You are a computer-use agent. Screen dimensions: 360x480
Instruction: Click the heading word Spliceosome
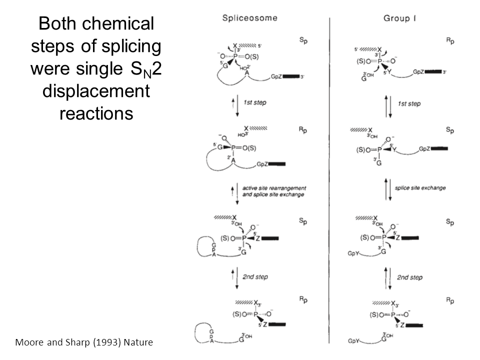249,19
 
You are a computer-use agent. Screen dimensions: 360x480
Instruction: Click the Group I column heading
400,19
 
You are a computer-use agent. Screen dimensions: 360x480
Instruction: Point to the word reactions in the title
96,113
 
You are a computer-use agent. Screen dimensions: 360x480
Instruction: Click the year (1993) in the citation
94,343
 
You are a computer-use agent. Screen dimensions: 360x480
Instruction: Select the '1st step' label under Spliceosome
255,102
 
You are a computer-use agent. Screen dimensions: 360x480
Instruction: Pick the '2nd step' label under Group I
410,277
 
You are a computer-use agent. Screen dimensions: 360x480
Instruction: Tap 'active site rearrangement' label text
273,188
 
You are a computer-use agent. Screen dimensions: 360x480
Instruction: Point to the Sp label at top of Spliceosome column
303,39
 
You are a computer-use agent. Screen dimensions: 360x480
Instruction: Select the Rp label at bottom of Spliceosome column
303,299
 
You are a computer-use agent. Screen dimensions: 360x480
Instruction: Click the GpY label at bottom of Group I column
354,341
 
